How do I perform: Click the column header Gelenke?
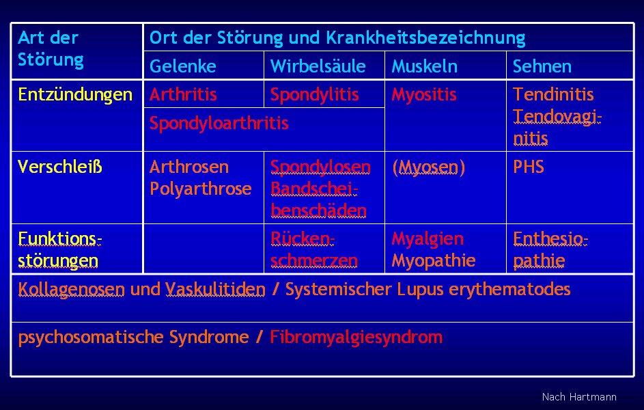tap(182, 66)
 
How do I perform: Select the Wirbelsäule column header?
tap(318, 66)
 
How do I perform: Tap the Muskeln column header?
tap(424, 66)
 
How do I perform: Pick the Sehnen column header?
tap(542, 66)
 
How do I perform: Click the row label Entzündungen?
tap(75, 94)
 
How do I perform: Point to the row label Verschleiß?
tap(60, 167)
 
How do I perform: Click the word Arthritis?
tap(183, 94)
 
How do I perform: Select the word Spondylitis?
tap(315, 94)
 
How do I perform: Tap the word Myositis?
tap(424, 94)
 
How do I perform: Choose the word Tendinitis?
tap(553, 94)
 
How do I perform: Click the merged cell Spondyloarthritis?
tap(219, 123)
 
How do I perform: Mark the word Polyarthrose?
tap(201, 189)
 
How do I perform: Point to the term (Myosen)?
tap(428, 167)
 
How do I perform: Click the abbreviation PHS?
tap(528, 167)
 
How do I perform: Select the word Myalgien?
tap(428, 238)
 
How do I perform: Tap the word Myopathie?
tap(434, 260)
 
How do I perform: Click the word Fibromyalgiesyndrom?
tap(356, 337)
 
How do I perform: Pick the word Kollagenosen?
tap(72, 289)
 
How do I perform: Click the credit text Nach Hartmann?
tap(579, 397)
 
